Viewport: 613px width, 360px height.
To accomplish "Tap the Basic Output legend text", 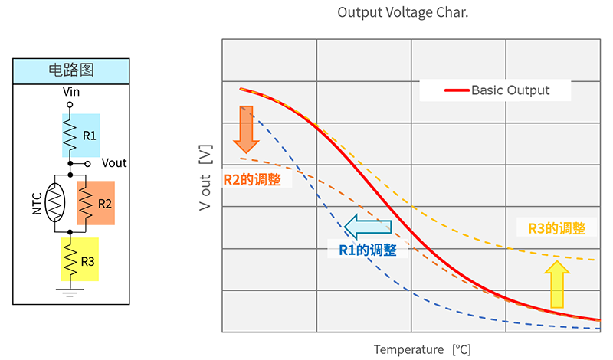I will coord(510,90).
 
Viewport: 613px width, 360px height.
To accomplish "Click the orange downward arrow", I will coord(246,129).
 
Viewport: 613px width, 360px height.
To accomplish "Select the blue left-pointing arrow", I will coord(368,226).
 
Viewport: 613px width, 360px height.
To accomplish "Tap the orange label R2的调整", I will coord(251,179).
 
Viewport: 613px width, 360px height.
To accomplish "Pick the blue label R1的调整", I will coord(367,250).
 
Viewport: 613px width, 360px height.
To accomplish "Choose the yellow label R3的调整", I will coord(557,228).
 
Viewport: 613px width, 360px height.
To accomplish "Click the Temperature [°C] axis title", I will coord(422,349).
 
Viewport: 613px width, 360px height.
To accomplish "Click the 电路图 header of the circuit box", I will coord(70,71).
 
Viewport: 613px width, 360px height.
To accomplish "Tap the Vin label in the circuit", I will coord(70,92).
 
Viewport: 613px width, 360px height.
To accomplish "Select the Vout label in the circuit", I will coord(114,162).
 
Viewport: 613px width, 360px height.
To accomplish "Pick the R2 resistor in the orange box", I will coord(86,203).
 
